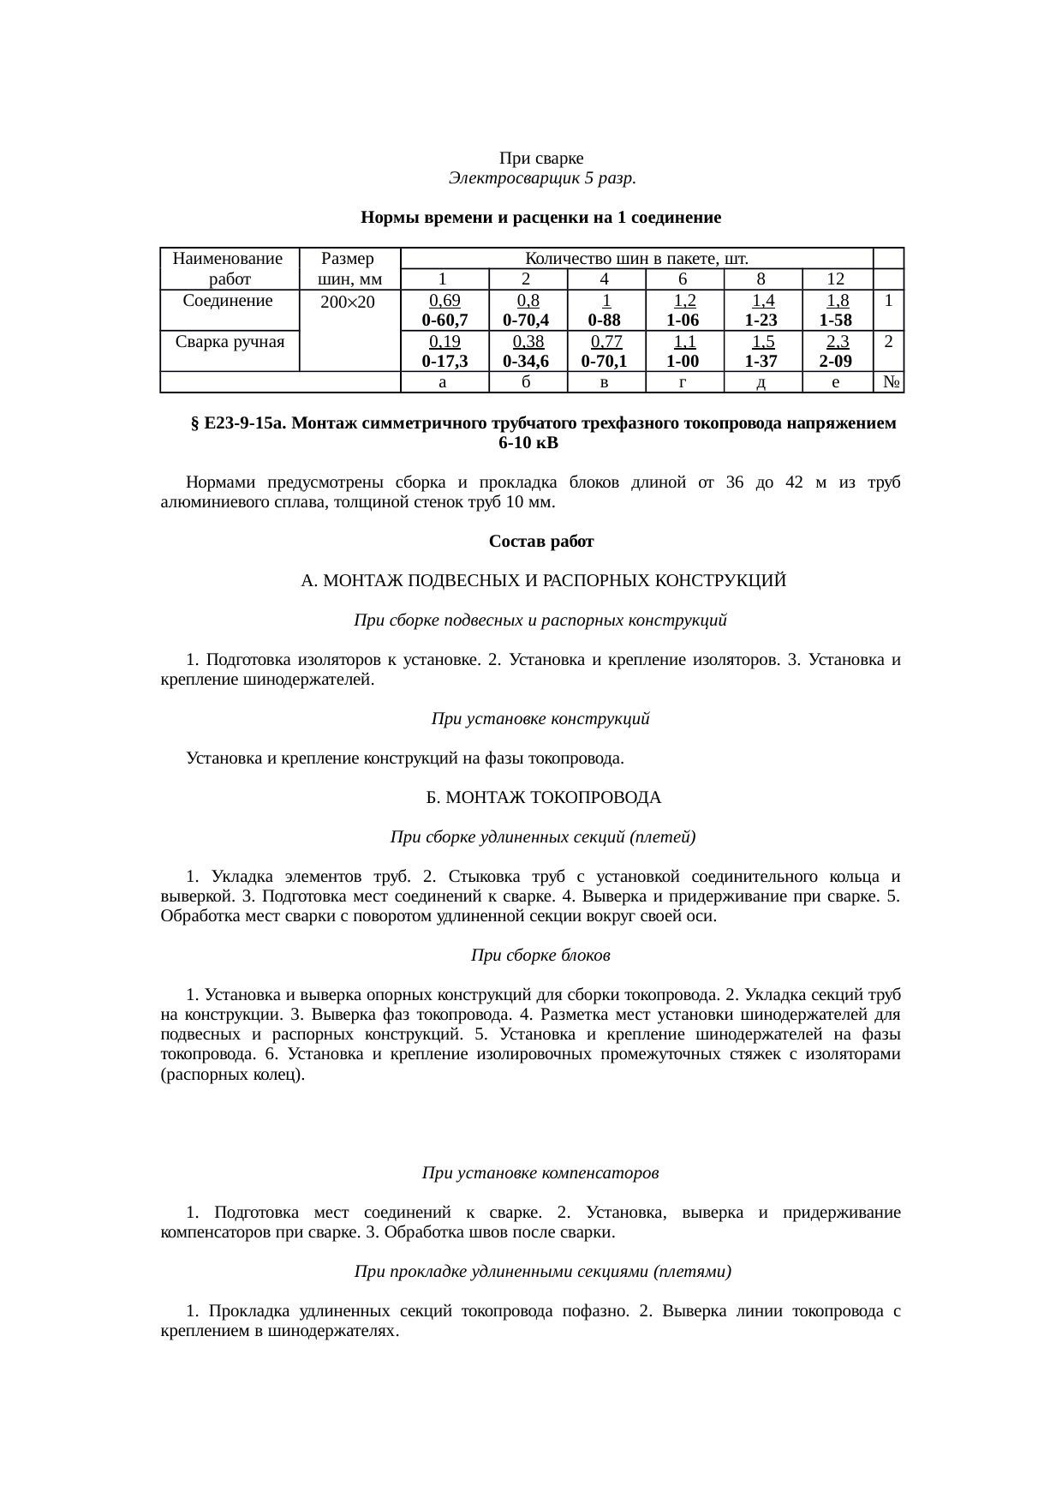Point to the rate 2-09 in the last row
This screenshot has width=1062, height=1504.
pyautogui.click(x=835, y=361)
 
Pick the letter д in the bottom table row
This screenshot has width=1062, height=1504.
pyautogui.click(x=761, y=382)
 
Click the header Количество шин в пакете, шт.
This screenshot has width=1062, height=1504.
pyautogui.click(x=636, y=258)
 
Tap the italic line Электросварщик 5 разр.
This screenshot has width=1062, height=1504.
pyautogui.click(x=541, y=178)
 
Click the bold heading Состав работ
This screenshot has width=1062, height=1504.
pyautogui.click(x=541, y=542)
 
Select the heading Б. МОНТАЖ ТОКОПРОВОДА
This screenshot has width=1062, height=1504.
pyautogui.click(x=544, y=798)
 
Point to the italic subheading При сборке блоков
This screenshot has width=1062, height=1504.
pyautogui.click(x=540, y=955)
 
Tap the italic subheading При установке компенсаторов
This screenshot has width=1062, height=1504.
pyautogui.click(x=540, y=1171)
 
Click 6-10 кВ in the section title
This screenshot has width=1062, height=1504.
pyautogui.click(x=528, y=443)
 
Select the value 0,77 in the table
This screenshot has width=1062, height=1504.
pyautogui.click(x=605, y=341)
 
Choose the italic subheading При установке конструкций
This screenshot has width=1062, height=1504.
pyautogui.click(x=540, y=719)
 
